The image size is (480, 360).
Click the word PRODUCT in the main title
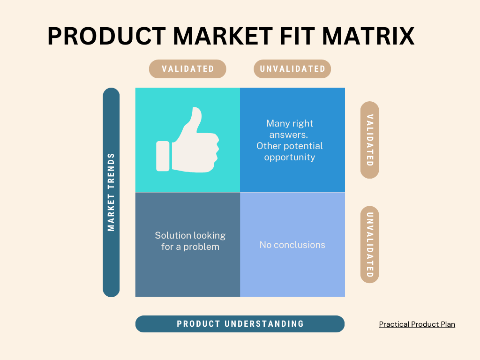(106, 36)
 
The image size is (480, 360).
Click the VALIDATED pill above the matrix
(187, 69)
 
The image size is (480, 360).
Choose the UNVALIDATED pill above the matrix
(292, 69)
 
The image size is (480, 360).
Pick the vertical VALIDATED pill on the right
(369, 140)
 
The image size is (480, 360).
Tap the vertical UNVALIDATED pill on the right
(369, 244)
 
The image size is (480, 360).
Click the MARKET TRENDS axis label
(111, 192)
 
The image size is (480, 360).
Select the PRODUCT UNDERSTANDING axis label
(240, 324)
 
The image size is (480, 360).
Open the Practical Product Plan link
(417, 324)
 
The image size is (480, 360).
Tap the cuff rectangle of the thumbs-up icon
(162, 156)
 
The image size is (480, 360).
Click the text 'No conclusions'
(292, 245)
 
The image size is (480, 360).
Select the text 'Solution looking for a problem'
(190, 241)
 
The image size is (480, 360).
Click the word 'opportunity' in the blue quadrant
(289, 157)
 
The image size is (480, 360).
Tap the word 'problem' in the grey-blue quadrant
(202, 247)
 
